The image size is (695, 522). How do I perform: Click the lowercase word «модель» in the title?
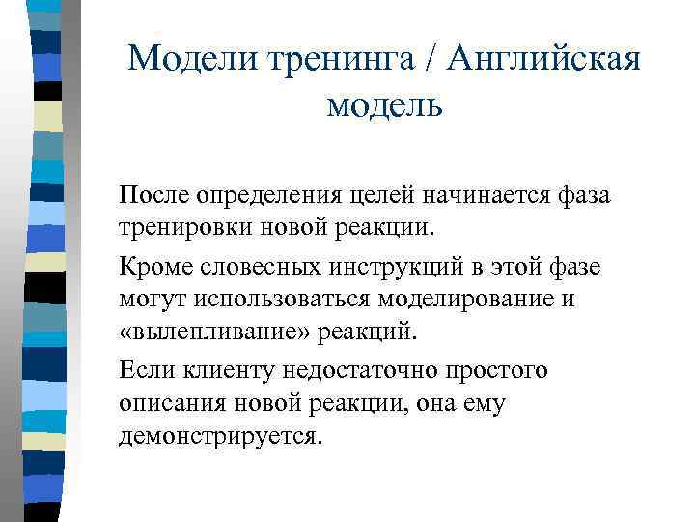[384, 102]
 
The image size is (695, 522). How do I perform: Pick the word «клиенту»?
[218, 368]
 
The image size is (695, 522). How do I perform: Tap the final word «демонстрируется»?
[216, 437]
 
